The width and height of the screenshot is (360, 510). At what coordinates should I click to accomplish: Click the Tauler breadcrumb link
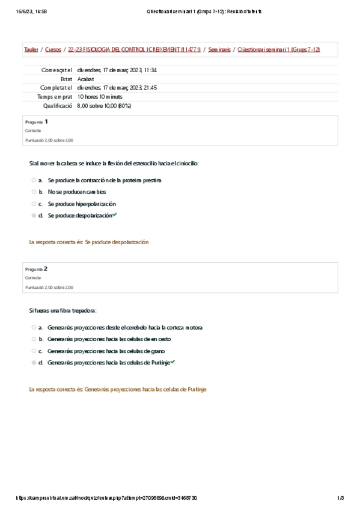pos(31,49)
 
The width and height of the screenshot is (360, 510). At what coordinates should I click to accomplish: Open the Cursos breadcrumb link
pos(53,49)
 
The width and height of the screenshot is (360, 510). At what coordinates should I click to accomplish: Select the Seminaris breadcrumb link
pos(219,49)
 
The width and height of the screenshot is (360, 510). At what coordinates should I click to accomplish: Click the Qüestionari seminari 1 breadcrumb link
pos(279,49)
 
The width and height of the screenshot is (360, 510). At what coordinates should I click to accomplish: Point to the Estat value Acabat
pos(85,79)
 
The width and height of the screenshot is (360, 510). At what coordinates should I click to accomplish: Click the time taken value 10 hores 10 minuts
pos(100,96)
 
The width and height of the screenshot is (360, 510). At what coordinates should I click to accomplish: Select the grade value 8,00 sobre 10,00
pos(104,105)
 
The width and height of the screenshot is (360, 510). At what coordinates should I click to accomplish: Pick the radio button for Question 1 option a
pos(34,180)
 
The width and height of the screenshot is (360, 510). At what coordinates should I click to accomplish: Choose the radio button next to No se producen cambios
pos(34,192)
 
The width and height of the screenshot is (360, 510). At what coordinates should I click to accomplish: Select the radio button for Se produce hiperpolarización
pos(34,204)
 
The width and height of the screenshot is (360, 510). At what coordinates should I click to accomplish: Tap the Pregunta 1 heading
pos(37,121)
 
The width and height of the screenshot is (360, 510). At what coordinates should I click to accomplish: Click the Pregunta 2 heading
pos(37,269)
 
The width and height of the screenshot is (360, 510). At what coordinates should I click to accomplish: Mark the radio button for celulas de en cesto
pos(34,339)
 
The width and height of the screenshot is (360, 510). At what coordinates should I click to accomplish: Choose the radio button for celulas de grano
pos(34,351)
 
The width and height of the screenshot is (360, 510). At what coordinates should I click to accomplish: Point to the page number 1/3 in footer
pos(340,498)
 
